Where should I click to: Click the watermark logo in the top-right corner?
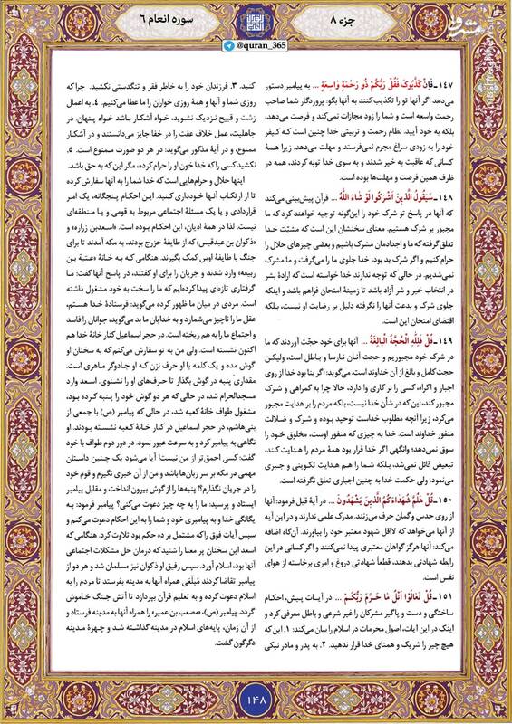pyautogui.click(x=485, y=18)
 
